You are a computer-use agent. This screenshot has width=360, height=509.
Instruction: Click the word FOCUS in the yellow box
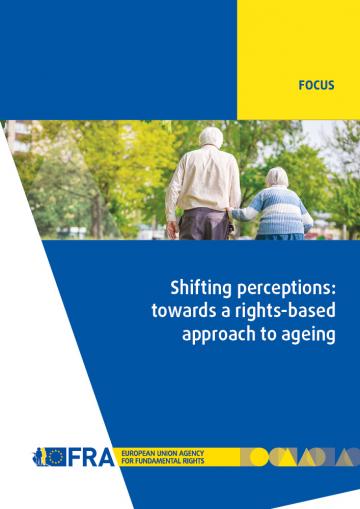click(x=315, y=87)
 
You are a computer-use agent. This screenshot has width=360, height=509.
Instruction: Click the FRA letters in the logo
click(x=84, y=456)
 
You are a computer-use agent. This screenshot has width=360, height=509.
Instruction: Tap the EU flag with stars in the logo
click(x=54, y=456)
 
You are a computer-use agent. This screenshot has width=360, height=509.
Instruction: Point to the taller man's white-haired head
click(x=210, y=137)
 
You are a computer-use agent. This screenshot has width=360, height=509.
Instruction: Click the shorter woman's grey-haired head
click(x=276, y=177)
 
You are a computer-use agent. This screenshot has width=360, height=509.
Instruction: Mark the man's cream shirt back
click(x=206, y=180)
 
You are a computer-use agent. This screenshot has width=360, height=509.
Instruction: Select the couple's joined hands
click(x=241, y=211)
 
